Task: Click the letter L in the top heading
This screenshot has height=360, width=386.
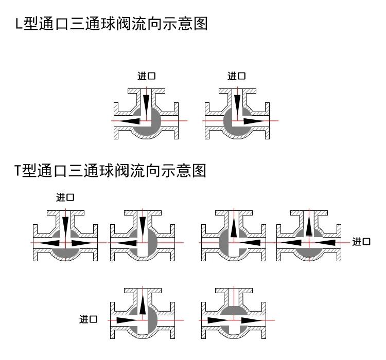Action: [x=20, y=24]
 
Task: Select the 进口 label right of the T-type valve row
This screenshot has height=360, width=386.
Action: [x=361, y=241]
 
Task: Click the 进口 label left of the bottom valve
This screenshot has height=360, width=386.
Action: [x=88, y=320]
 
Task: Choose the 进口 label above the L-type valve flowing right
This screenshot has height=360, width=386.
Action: [x=236, y=76]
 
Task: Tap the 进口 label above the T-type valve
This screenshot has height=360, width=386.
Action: [x=65, y=197]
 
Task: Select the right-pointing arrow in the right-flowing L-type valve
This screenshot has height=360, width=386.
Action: [x=254, y=121]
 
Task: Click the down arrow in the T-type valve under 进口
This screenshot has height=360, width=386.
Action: [x=65, y=225]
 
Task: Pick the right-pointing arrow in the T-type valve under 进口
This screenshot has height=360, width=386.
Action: [x=82, y=242]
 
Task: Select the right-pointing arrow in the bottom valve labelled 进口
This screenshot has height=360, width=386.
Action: [x=126, y=320]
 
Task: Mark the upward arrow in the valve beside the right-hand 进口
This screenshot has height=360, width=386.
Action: [x=308, y=226]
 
